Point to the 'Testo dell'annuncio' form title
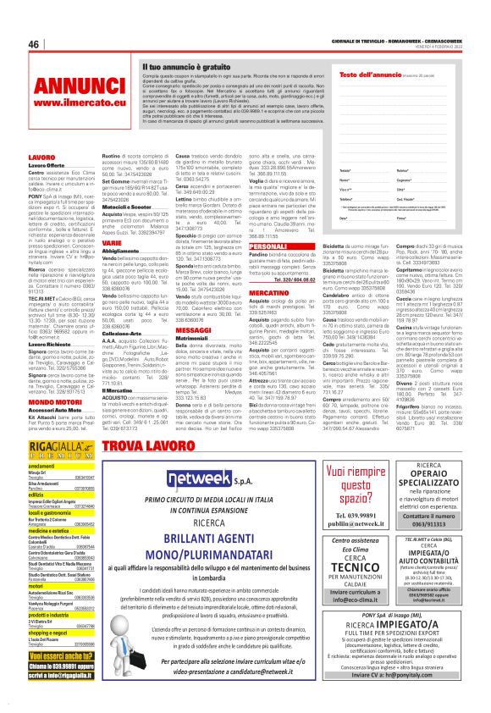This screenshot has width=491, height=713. point(366,75)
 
